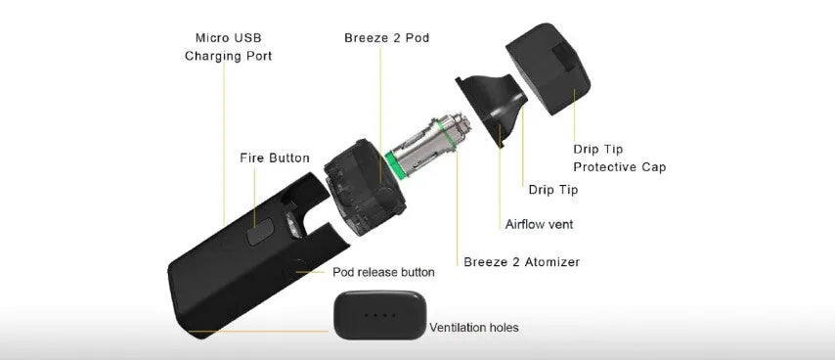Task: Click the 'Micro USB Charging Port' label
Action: (x=229, y=47)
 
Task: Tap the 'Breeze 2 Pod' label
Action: (x=386, y=38)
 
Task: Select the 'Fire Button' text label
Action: (x=275, y=158)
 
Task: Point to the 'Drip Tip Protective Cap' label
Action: (x=619, y=158)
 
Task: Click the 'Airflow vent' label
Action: (x=540, y=224)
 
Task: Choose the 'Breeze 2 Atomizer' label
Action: (x=521, y=262)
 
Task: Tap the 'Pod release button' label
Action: (x=383, y=272)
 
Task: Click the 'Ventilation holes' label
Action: (x=474, y=327)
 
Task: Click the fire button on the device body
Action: (x=260, y=232)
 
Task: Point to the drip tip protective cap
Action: (x=548, y=68)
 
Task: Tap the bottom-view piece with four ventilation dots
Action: (x=379, y=315)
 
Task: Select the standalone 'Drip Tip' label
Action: (x=552, y=190)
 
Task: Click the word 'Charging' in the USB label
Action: (x=210, y=57)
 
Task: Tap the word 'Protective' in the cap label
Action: (x=603, y=167)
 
